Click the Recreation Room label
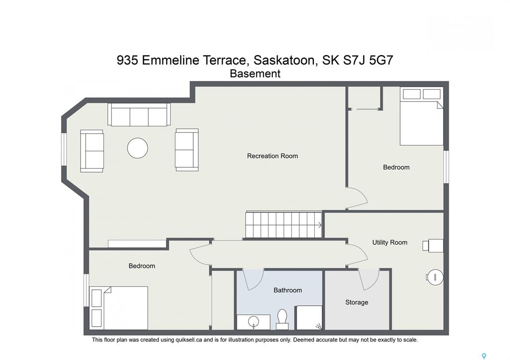coord(272,156)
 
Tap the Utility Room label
coord(389,242)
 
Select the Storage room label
coord(357,302)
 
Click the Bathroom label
coord(287,290)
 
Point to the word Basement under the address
coord(255,74)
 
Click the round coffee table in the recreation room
coord(137,148)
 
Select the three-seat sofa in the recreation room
coord(139,115)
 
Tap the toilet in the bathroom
coord(282,319)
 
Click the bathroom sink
coord(254,322)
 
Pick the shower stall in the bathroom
coord(309,317)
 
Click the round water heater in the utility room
coord(435,277)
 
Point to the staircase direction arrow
coord(320,225)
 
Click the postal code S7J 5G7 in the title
coord(368,60)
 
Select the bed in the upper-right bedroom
coord(421,116)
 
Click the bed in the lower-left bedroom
coord(119,308)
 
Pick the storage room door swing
coord(369,279)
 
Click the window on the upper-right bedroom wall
coord(446,166)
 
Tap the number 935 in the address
coord(127,60)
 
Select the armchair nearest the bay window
coord(92,151)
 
